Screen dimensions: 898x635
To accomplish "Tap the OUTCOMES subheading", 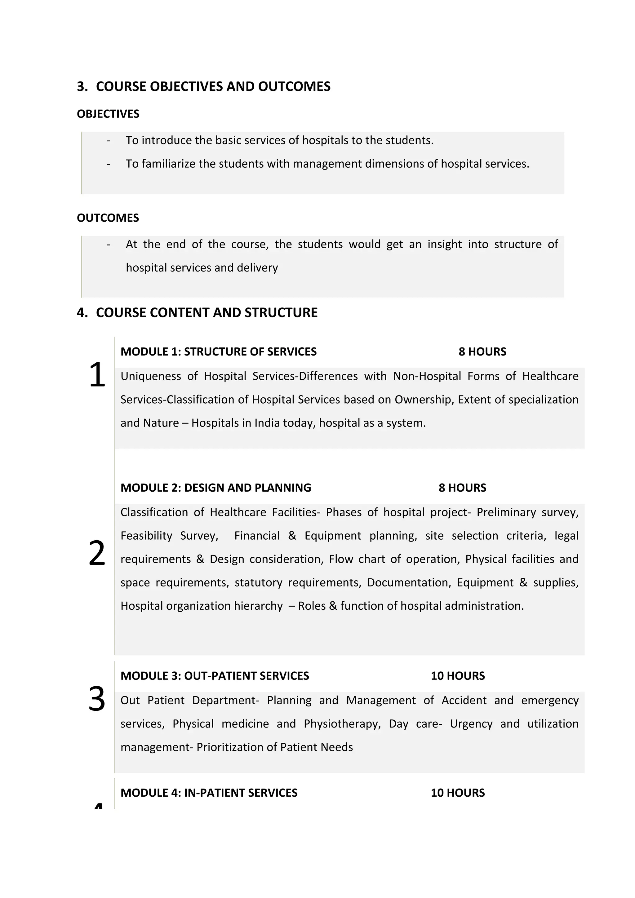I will pyautogui.click(x=108, y=218).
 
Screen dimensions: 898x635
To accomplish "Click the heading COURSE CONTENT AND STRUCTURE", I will pyautogui.click(x=206, y=312).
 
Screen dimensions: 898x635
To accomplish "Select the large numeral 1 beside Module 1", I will pyautogui.click(x=97, y=375).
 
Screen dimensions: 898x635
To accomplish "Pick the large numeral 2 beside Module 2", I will pyautogui.click(x=97, y=553).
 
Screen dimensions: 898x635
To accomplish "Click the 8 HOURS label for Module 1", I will pyautogui.click(x=482, y=352).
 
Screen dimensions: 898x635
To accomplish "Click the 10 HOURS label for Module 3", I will pyautogui.click(x=457, y=676).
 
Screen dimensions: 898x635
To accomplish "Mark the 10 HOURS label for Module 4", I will pyautogui.click(x=457, y=793).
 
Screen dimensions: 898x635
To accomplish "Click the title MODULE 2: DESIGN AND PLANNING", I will pyautogui.click(x=215, y=488).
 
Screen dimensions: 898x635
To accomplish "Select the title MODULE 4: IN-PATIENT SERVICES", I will pyautogui.click(x=209, y=793).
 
